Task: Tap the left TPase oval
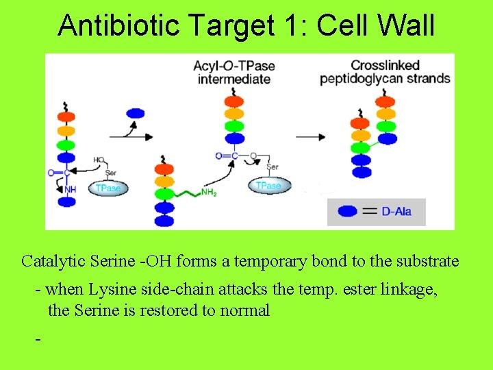[108, 188]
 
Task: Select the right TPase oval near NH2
[268, 186]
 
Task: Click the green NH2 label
[209, 193]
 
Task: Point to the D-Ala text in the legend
[396, 212]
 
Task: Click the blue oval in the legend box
[348, 212]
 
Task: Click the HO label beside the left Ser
[99, 160]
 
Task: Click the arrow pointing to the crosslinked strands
[309, 136]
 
